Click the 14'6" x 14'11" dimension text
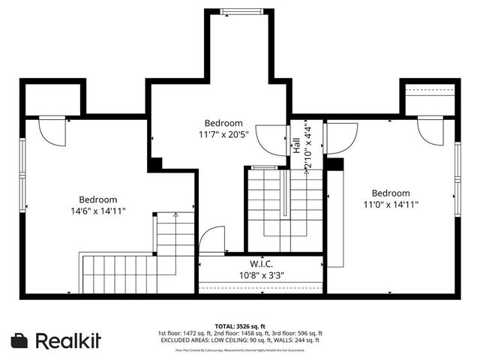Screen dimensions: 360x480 click(98, 211)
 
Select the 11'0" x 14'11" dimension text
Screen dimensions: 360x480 click(391, 204)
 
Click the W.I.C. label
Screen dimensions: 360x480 click(260, 264)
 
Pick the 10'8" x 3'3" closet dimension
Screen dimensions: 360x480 click(260, 274)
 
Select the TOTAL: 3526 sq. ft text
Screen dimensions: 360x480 click(239, 326)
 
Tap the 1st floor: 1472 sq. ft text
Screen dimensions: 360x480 click(184, 333)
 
